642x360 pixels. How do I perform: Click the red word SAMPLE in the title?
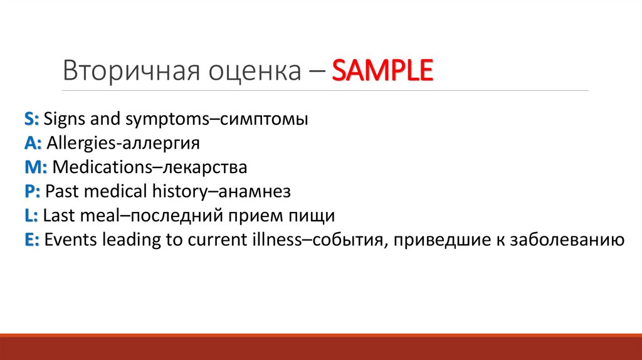[382, 71]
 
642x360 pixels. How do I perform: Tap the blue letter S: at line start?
[33, 119]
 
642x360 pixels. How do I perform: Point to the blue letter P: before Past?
[33, 191]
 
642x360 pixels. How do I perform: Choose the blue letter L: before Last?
[32, 216]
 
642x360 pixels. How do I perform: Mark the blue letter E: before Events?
[33, 240]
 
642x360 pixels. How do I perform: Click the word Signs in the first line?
[66, 119]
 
